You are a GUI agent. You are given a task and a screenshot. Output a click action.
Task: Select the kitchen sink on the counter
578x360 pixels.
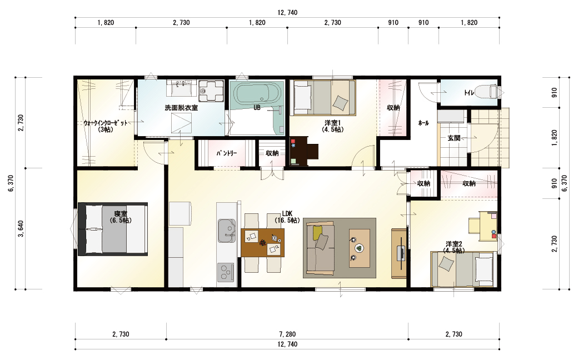[x=227, y=232]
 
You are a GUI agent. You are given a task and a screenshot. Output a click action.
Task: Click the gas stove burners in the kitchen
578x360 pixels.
[x=225, y=273]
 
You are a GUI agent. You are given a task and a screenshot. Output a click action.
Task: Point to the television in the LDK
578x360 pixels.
[x=401, y=253]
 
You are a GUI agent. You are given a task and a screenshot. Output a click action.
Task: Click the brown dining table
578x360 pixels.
[x=262, y=242]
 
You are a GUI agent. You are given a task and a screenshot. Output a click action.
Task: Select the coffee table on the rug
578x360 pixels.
[x=360, y=248]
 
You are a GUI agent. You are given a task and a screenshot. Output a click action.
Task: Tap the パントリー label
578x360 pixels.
[x=227, y=153]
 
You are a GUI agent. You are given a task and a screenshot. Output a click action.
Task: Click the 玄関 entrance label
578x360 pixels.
[x=454, y=138]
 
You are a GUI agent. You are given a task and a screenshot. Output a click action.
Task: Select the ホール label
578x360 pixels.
[x=423, y=123]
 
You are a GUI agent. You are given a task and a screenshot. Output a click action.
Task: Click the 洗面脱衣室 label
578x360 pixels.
[x=181, y=108]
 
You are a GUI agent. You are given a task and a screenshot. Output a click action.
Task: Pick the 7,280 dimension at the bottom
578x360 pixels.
[x=287, y=334]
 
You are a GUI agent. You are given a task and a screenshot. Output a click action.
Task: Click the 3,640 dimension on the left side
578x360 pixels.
[x=21, y=229]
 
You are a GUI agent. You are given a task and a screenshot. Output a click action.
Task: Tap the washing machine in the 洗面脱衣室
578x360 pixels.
[x=211, y=91]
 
